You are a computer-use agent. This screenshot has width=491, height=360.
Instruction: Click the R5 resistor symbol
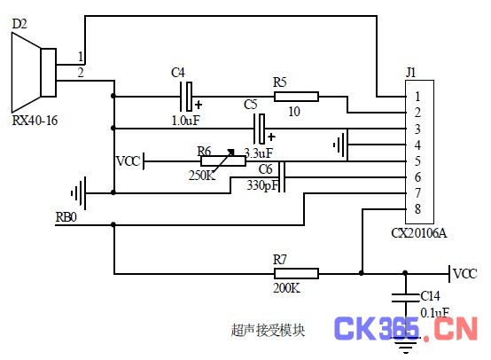[x=296, y=97]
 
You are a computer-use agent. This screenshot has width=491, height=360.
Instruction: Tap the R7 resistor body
[x=296, y=273]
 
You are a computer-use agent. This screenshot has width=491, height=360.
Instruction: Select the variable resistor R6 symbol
[x=223, y=161]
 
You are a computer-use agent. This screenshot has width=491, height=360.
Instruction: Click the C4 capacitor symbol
[x=186, y=97]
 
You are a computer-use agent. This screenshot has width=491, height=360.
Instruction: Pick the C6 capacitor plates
[x=282, y=177]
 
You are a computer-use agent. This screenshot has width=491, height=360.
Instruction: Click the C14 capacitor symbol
[x=405, y=297]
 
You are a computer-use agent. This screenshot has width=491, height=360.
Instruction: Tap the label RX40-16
[x=35, y=121]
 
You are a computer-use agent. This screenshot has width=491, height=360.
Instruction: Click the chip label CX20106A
[x=418, y=233]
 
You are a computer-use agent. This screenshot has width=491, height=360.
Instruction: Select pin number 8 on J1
[x=417, y=209]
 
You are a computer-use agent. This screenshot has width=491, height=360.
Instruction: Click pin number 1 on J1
[x=417, y=97]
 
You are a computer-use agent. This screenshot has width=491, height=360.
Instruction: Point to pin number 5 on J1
[x=417, y=161]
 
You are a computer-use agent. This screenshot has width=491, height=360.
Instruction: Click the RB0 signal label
[x=66, y=217]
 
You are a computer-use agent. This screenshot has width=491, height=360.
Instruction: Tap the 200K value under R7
[x=286, y=288]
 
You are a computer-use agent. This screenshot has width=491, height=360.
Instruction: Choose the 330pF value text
[x=262, y=186]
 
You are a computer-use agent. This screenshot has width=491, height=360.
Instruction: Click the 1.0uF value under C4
[x=186, y=121]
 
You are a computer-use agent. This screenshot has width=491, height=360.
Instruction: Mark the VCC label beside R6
[x=129, y=161]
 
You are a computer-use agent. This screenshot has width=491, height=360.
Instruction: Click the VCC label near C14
[x=465, y=274]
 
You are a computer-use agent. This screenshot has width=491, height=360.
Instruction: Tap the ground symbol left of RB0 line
[x=79, y=193]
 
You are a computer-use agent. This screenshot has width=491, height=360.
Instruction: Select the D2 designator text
[x=19, y=24]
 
